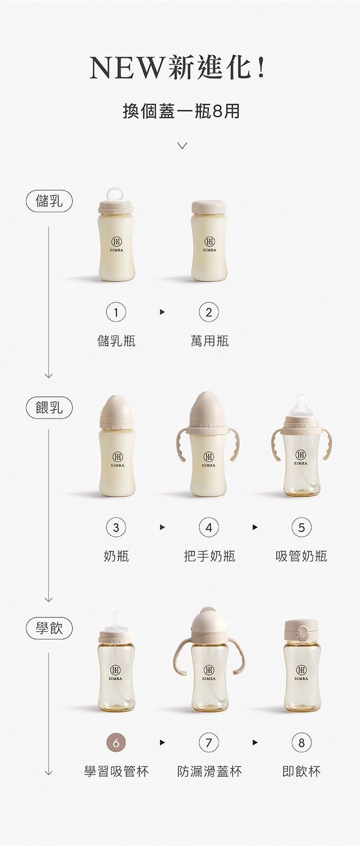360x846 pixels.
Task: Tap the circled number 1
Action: point(116,313)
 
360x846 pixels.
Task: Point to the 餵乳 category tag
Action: point(49,409)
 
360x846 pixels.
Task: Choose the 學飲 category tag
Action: point(49,628)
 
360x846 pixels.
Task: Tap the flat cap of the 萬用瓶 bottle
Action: point(209,207)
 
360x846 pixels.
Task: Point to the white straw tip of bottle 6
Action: point(117,618)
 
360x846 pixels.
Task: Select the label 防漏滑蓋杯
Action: point(209,771)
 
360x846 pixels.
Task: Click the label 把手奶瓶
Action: point(209,556)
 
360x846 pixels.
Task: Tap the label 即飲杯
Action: point(301,771)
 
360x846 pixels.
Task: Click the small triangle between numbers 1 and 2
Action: point(162,313)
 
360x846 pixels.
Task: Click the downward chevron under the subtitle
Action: point(182,145)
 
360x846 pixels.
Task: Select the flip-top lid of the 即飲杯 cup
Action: point(301,630)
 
